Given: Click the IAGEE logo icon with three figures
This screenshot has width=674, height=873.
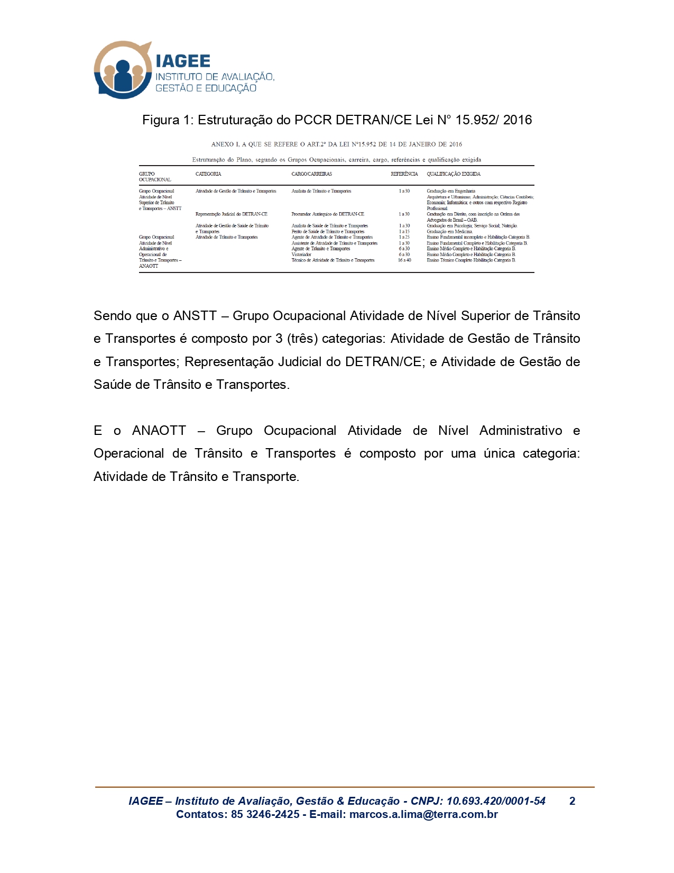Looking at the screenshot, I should coord(123,70).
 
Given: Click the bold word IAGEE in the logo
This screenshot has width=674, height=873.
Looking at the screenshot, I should coord(183,61).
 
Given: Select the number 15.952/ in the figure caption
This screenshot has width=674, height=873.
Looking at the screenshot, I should coord(475,120).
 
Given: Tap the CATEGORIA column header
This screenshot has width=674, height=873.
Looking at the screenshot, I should coord(208,174).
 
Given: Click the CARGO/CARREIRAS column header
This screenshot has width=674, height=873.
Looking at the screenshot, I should coord(311,174).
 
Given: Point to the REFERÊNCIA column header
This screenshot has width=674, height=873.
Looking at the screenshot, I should coord(404,174).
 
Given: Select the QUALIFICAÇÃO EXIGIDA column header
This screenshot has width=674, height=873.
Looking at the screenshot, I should coord(454,174).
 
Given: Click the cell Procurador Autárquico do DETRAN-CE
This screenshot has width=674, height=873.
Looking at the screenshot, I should coord(328,214).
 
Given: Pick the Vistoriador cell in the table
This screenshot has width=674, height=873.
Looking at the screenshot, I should coord(301,254).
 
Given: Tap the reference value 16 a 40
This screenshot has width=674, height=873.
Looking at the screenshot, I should coord(404,260).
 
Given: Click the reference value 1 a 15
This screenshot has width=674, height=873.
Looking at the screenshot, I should coord(404,232).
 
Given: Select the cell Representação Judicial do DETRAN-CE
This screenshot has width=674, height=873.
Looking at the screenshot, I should coord(232,214).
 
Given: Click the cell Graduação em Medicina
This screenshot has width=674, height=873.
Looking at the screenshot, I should coord(450,232).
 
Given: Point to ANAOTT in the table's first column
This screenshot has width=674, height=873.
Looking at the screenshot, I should coord(149,266).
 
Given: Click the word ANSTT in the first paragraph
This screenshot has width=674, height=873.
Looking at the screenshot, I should coord(195,316).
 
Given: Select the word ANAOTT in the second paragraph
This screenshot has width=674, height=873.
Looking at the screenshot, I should coord(159,431).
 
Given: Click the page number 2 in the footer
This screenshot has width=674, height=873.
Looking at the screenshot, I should coord(572,801).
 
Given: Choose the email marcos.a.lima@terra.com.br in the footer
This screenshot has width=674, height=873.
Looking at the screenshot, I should coord(423,815).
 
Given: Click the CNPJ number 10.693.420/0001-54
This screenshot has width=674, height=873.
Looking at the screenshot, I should coord(496,801).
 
